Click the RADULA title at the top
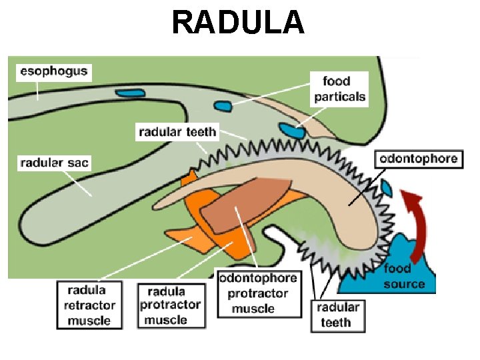tap(238, 22)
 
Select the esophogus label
tap(53, 71)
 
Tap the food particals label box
tap(340, 89)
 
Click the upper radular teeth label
tap(177, 131)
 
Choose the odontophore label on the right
tap(419, 159)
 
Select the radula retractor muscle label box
tap(91, 304)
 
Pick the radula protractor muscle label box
tap(169, 305)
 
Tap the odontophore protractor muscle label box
tap(257, 293)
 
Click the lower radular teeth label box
tap(337, 315)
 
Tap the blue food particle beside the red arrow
tap(387, 187)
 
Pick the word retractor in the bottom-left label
tap(91, 305)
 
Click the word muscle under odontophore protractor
tap(253, 309)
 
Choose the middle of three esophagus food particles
tap(222, 105)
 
